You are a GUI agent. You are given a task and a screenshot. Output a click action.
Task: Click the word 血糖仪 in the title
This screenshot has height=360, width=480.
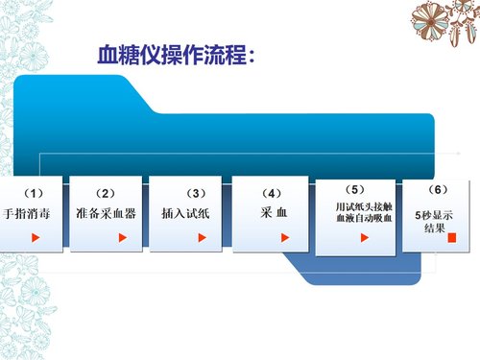point(121,56)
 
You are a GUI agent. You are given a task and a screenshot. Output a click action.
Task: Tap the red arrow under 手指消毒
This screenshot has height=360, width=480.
point(36,235)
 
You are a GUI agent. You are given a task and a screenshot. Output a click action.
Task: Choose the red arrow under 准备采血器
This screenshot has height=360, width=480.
point(121,235)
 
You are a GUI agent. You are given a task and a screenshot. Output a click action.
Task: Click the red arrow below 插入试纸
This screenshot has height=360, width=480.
point(204,235)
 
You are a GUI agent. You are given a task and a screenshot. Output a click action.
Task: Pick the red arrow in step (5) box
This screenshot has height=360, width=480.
point(363,237)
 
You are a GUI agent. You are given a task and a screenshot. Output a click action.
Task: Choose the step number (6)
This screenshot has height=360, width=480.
point(436,189)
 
